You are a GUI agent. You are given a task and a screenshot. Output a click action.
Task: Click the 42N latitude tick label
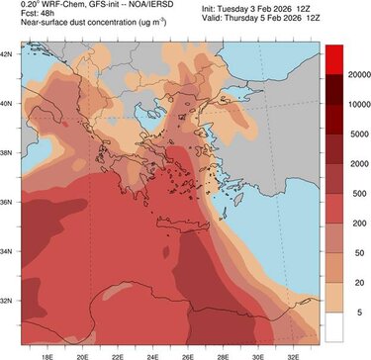tap(8, 53)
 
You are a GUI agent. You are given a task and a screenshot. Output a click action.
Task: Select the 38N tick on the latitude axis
tap(8, 152)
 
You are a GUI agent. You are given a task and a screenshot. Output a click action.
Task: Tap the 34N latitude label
tap(8, 250)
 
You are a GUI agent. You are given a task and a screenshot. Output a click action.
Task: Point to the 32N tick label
tap(8, 300)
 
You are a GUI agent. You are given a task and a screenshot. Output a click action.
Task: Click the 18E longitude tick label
tap(47, 351)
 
